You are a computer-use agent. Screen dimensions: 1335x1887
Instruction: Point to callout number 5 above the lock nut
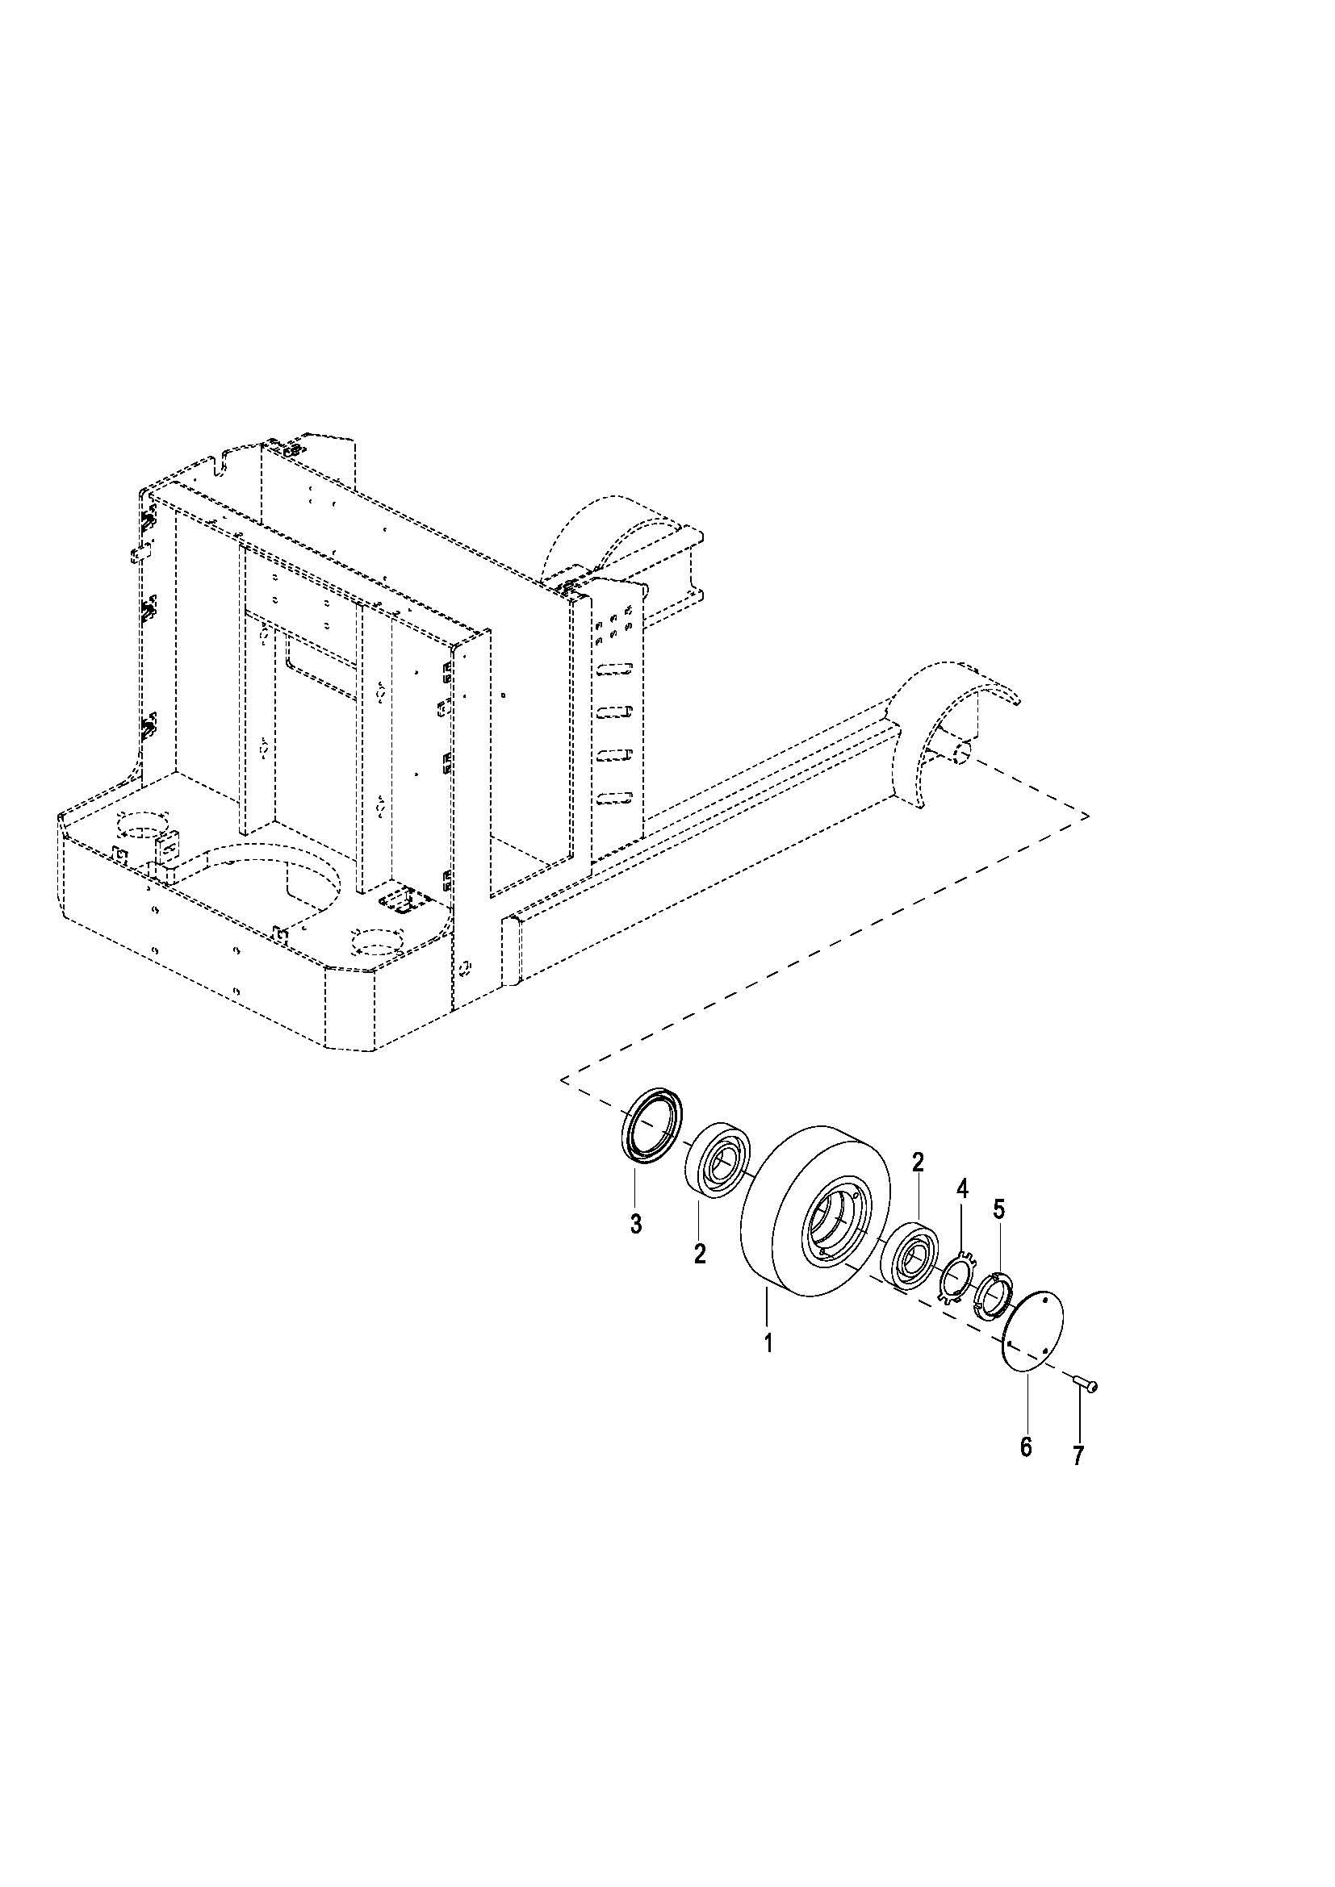pyautogui.click(x=998, y=1209)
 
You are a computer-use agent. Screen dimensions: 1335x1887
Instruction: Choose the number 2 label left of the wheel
pyautogui.click(x=700, y=1255)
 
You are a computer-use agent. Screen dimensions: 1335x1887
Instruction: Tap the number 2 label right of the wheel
pyautogui.click(x=918, y=1162)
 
